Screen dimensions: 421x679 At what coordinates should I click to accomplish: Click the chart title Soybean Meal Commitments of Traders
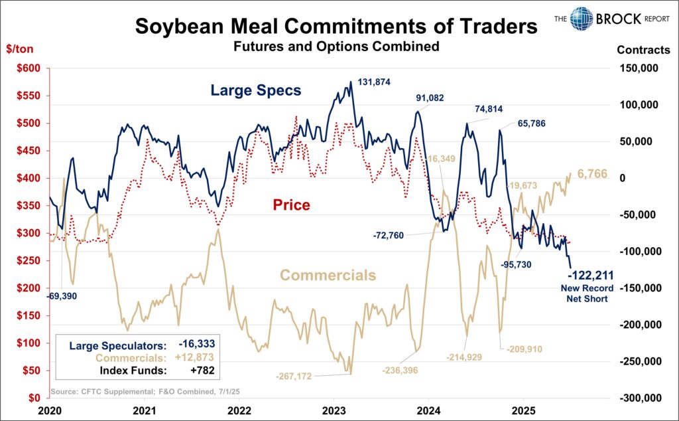tap(337, 27)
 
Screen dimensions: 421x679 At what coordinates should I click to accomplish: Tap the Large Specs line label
tap(255, 90)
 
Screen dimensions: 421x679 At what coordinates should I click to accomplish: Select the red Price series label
tap(292, 205)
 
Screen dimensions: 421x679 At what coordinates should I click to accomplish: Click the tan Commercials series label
tap(328, 276)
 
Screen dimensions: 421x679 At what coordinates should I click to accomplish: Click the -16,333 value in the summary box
tap(197, 345)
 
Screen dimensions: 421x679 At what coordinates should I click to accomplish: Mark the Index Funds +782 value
tap(203, 370)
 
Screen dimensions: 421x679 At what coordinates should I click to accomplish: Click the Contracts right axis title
tap(643, 50)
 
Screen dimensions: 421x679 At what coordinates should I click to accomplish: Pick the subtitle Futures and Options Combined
tap(337, 47)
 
